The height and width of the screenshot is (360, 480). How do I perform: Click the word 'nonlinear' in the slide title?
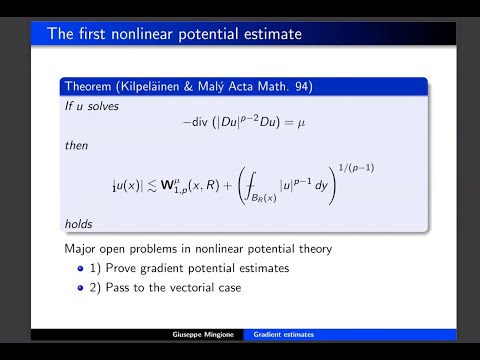142,35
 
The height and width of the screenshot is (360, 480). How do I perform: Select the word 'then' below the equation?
77,147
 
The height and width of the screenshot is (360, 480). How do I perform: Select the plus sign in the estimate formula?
240,187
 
